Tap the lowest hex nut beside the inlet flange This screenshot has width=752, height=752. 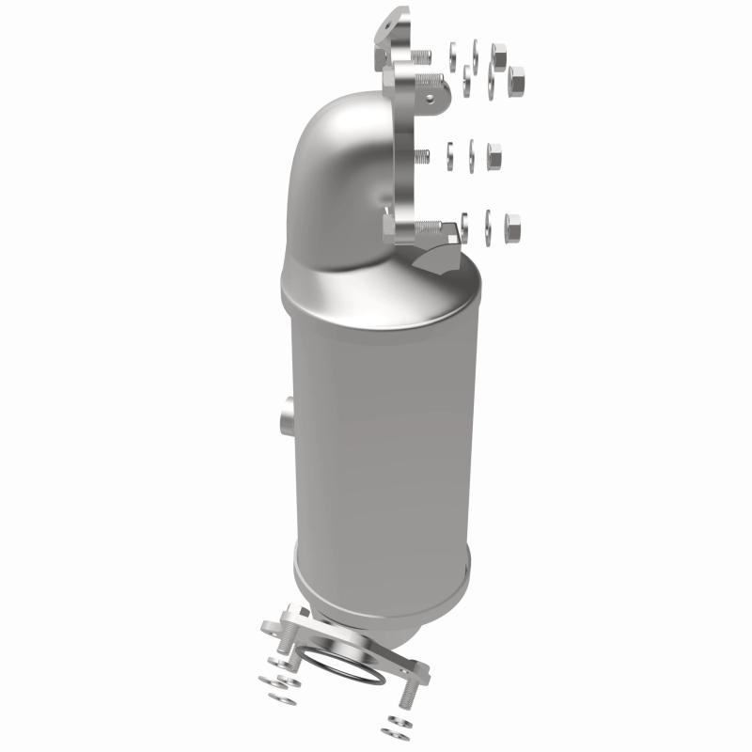click(512, 225)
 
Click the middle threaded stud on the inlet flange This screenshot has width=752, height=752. click(423, 156)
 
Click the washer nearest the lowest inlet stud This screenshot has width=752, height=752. click(464, 224)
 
